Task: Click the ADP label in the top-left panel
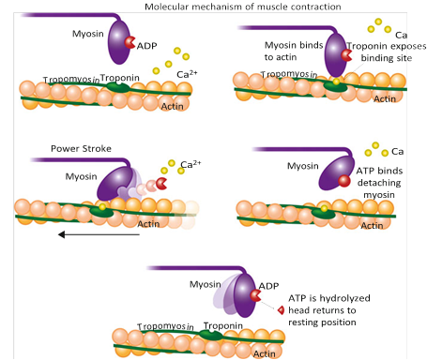[148, 44]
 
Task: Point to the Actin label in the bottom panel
[264, 352]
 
